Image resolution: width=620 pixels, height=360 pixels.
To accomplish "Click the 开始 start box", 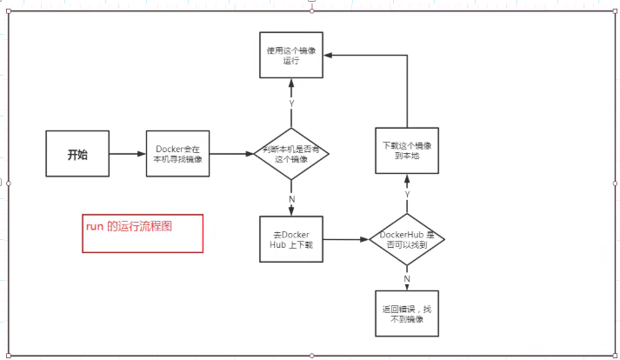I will pos(77,155).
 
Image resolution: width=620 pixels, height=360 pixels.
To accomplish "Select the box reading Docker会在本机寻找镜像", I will pos(177,155).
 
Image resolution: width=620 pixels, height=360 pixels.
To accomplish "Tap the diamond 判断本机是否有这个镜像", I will pos(290,155).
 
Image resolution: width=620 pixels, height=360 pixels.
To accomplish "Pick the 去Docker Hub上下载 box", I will pos(290,240).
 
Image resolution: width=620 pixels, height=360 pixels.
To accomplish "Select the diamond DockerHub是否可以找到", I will pos(407,240).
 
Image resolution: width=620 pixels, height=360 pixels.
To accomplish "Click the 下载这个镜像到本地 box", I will pos(407,150).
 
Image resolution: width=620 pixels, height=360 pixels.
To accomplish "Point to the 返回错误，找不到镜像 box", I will pos(407,314).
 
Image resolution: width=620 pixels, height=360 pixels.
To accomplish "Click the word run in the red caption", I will pos(94,225).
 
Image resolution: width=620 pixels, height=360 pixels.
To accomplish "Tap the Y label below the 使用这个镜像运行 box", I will pos(290,103).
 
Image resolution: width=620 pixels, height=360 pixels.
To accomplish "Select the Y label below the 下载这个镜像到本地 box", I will pos(407,194).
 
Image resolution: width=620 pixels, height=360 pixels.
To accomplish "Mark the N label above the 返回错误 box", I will pos(407,278).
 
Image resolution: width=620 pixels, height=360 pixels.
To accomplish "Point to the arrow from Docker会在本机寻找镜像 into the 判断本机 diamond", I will pos(230,155).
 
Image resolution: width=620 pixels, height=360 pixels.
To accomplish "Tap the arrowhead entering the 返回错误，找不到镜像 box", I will pos(407,286).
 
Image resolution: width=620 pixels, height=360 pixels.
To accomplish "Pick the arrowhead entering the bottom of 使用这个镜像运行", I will pos(290,84).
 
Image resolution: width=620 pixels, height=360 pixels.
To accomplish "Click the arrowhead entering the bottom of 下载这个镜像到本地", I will pos(407,180).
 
